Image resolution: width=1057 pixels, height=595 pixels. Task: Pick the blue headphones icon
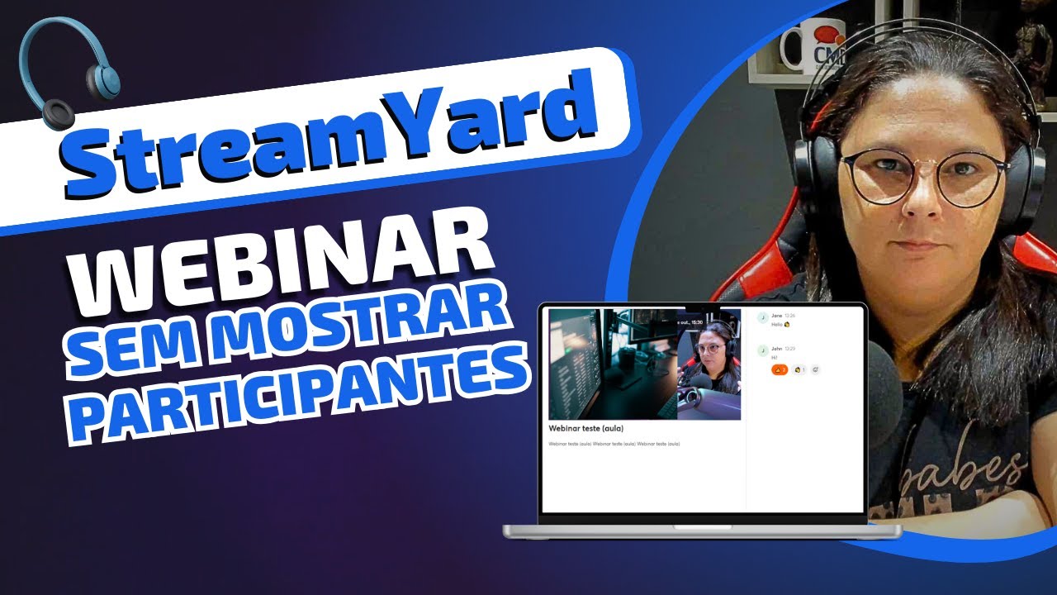[70, 74]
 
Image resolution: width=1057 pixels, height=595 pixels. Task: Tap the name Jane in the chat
[776, 316]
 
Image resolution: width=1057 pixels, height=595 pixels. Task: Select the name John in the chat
[776, 349]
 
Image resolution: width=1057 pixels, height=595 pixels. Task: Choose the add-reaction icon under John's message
[815, 369]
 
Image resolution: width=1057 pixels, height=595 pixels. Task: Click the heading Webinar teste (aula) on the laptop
[585, 428]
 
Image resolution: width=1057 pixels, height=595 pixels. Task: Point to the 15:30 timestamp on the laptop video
[696, 321]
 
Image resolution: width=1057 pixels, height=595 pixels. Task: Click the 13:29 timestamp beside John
[789, 349]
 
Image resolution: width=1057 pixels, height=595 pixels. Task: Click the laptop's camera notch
[702, 308]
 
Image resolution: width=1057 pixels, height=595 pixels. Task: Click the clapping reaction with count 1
[799, 369]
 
